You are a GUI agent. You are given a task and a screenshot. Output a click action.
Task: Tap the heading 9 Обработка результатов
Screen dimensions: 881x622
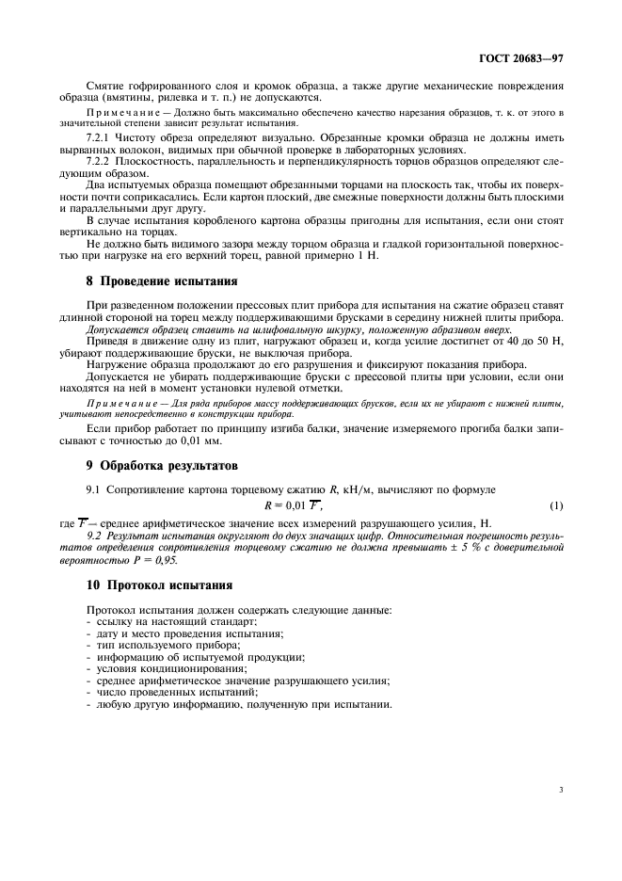point(163,465)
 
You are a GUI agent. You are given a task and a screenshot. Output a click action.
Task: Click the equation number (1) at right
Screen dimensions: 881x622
point(556,505)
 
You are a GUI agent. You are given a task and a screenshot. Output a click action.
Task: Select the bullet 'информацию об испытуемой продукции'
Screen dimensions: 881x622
point(194,657)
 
